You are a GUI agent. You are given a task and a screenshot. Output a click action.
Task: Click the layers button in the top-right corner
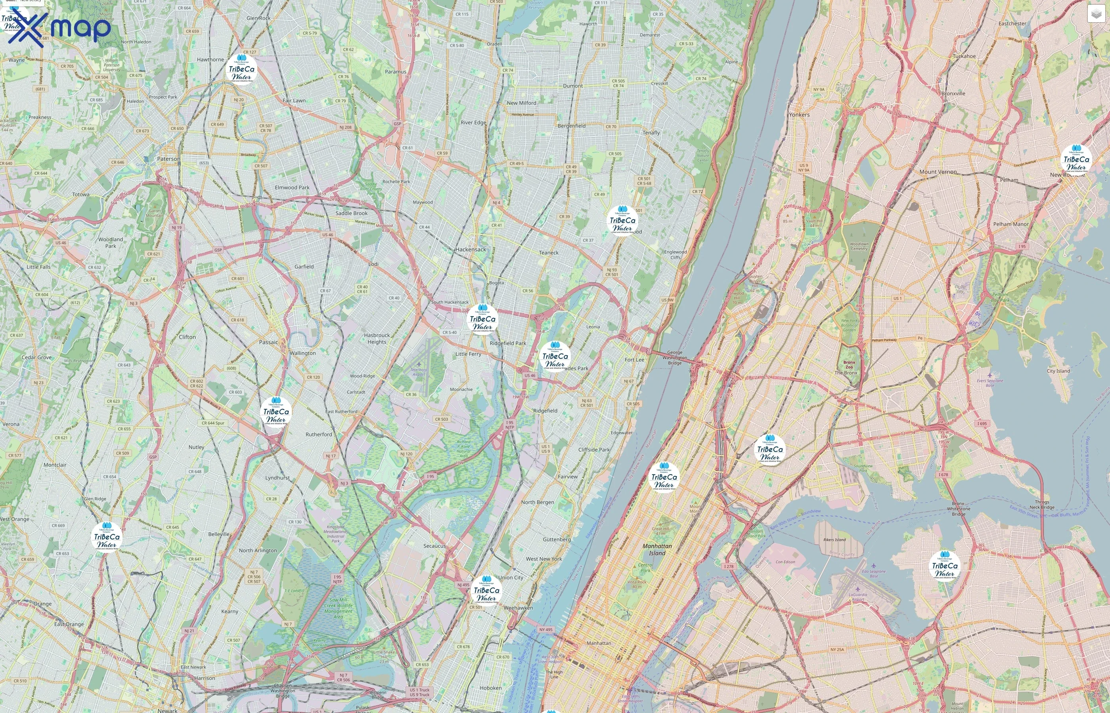coord(1096,14)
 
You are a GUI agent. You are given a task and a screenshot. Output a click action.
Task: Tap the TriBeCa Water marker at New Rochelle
coord(1076,160)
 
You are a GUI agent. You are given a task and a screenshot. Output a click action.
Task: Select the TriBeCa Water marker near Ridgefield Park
coord(483,319)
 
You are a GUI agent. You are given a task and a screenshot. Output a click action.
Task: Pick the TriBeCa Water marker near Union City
coord(486,591)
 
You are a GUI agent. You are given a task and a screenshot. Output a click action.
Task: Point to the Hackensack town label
coord(470,250)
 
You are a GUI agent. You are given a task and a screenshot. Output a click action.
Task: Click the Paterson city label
coord(168,159)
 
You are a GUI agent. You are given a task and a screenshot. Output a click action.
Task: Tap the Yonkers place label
coord(799,115)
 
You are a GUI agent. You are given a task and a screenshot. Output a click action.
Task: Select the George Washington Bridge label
coord(675,357)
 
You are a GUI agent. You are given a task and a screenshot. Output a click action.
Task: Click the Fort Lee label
coord(634,360)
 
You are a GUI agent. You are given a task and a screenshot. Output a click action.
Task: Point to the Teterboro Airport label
coord(418,372)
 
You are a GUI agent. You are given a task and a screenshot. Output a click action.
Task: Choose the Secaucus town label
coord(434,546)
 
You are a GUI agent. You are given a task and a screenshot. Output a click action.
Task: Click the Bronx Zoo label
coord(849,365)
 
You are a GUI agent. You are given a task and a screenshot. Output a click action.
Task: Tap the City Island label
coord(1058,371)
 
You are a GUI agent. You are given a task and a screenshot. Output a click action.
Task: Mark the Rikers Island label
coord(834,540)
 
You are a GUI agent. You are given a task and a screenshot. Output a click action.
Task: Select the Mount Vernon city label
coord(938,172)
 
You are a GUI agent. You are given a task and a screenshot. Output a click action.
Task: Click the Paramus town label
coord(395,72)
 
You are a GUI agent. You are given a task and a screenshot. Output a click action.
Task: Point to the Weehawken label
coord(518,608)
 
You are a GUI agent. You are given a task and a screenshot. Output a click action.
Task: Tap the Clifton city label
coord(187,337)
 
